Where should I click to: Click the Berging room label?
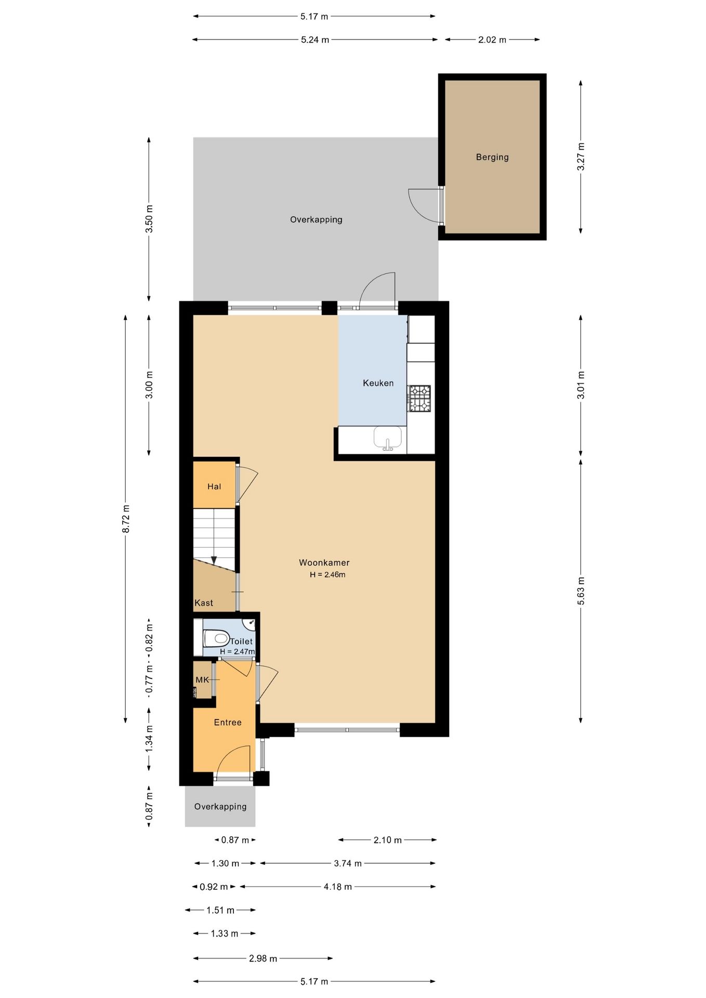point(492,157)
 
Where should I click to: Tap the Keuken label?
point(378,383)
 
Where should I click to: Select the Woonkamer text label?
point(324,562)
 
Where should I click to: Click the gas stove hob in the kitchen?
point(419,398)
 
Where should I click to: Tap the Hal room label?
point(214,487)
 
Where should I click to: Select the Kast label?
point(204,603)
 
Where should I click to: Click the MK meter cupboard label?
point(202,680)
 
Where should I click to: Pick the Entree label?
point(228,723)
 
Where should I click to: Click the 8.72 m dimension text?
point(126,518)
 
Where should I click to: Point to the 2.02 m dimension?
point(492,40)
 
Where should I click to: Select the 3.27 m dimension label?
point(581,156)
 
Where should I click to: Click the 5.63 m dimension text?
point(581,591)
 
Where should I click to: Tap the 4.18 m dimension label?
point(338,887)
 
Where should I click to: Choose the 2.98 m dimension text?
point(263,958)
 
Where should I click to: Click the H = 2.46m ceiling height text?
point(328,575)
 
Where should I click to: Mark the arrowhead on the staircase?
point(214,560)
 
